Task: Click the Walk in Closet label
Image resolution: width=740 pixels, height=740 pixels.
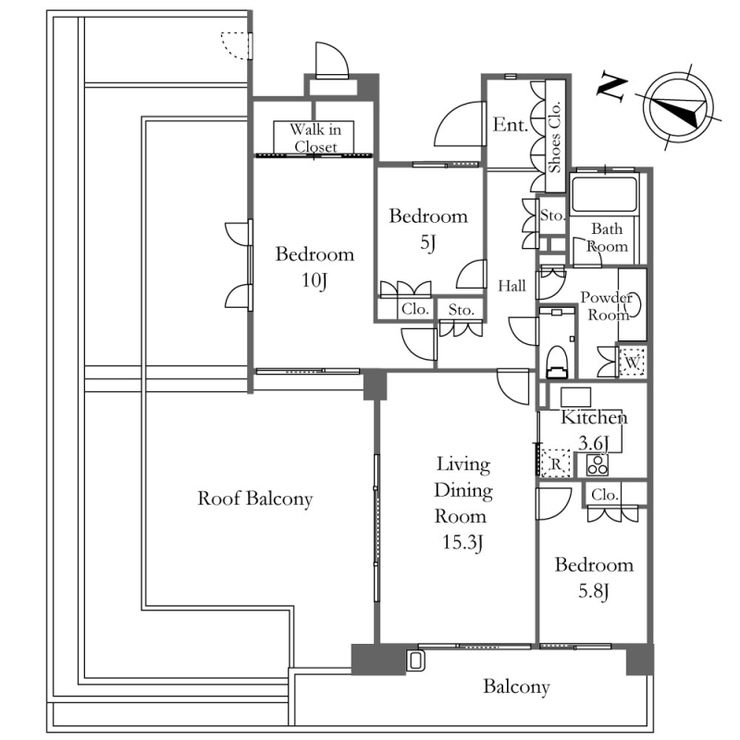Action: click(314, 137)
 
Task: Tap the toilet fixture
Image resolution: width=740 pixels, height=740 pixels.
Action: click(557, 362)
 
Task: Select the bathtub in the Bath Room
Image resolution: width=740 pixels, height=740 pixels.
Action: click(604, 194)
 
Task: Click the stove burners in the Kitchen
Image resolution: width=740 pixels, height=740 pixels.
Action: click(598, 465)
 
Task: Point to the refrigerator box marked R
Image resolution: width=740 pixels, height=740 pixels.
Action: click(556, 463)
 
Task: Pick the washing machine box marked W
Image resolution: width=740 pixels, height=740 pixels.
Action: click(632, 362)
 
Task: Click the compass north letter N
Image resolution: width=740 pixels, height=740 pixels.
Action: click(612, 88)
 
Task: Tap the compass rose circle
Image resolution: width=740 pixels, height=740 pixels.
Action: click(678, 107)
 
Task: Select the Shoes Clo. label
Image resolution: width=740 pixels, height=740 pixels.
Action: click(554, 137)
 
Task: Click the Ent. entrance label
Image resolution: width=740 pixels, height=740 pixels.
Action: click(511, 125)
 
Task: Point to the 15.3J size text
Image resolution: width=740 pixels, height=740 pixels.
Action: click(462, 543)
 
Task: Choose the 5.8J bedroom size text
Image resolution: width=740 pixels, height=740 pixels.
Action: click(594, 591)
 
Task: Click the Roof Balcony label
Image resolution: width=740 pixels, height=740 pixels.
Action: click(255, 499)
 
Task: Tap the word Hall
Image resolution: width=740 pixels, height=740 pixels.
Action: click(512, 286)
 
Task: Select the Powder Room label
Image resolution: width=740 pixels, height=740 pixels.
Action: click(607, 306)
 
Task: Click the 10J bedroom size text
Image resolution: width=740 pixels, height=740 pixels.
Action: click(314, 280)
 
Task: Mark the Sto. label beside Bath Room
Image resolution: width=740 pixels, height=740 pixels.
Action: click(552, 216)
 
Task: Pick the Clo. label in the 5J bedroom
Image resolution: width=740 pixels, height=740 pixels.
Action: click(414, 309)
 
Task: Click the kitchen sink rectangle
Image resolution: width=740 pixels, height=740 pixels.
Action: click(575, 398)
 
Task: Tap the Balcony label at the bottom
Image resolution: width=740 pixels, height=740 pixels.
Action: click(516, 686)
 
